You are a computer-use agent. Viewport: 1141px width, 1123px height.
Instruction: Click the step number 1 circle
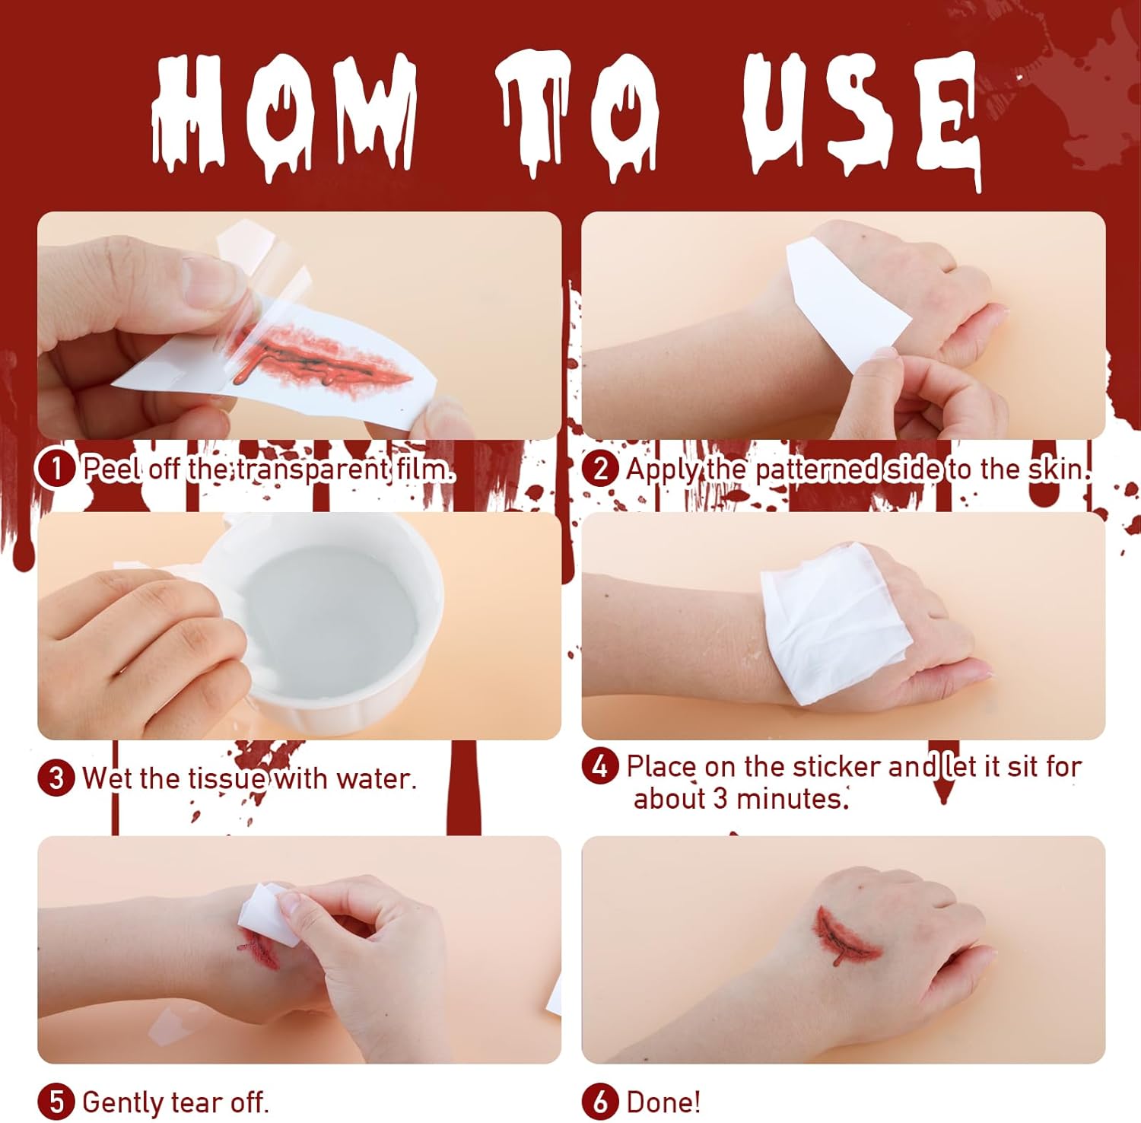pyautogui.click(x=56, y=469)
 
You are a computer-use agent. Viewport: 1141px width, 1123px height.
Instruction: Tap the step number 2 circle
pyautogui.click(x=600, y=469)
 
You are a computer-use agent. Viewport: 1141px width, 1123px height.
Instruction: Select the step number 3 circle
pyautogui.click(x=56, y=778)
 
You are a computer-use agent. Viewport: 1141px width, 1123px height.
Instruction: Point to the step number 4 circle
pyautogui.click(x=600, y=766)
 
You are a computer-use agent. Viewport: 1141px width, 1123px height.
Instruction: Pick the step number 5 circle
pyautogui.click(x=56, y=1102)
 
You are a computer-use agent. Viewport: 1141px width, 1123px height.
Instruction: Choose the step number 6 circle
pyautogui.click(x=600, y=1102)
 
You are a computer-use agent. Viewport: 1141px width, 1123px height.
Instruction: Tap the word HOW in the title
pyautogui.click(x=284, y=114)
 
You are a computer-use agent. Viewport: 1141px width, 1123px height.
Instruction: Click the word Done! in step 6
pyautogui.click(x=663, y=1102)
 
